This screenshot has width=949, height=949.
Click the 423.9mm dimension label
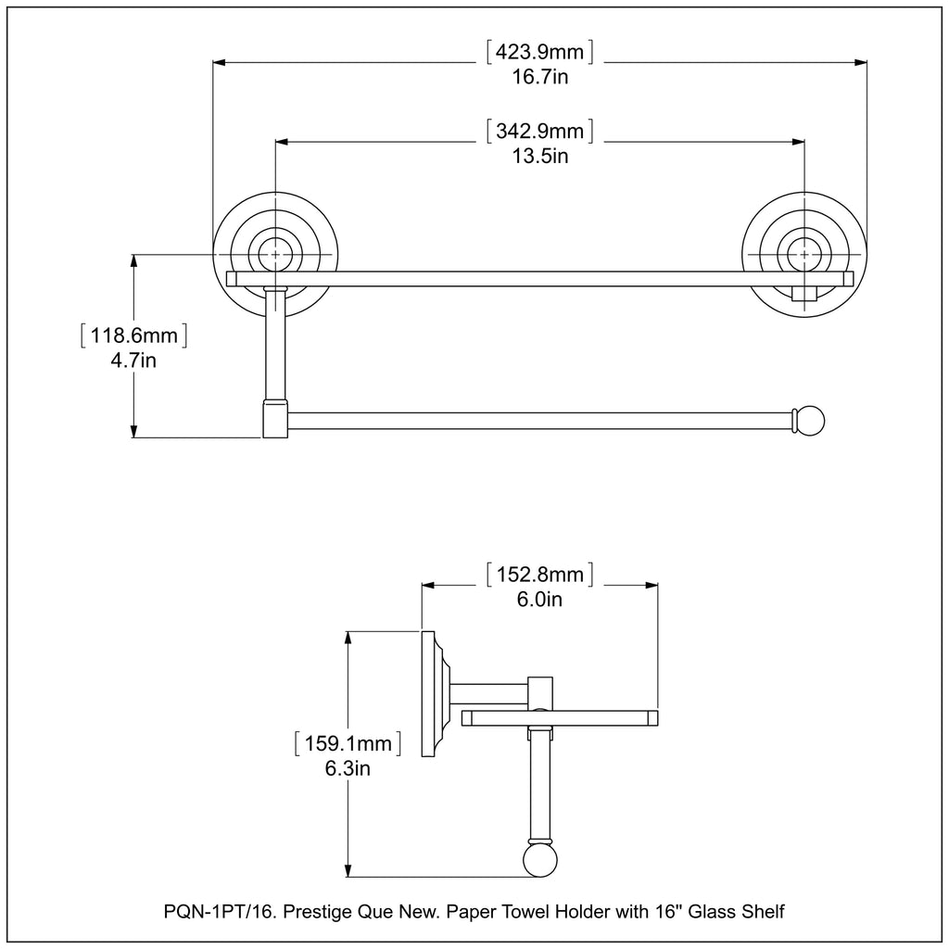coord(540,52)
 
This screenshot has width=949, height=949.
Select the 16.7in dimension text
coord(540,78)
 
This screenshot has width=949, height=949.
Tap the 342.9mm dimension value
coord(540,130)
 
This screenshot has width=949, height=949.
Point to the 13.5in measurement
coord(540,156)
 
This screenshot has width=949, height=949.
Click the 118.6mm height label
coord(134,335)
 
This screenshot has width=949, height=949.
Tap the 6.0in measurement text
coord(539,600)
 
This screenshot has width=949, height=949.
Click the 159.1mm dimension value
coord(347,743)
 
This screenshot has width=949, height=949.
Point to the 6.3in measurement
coord(347,768)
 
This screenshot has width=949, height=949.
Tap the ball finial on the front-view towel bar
coord(810,421)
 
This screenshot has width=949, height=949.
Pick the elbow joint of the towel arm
coord(275,419)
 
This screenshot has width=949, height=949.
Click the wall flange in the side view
coord(432,693)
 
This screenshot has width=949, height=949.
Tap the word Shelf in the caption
coord(762,912)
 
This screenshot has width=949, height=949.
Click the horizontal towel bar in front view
coord(538,421)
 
